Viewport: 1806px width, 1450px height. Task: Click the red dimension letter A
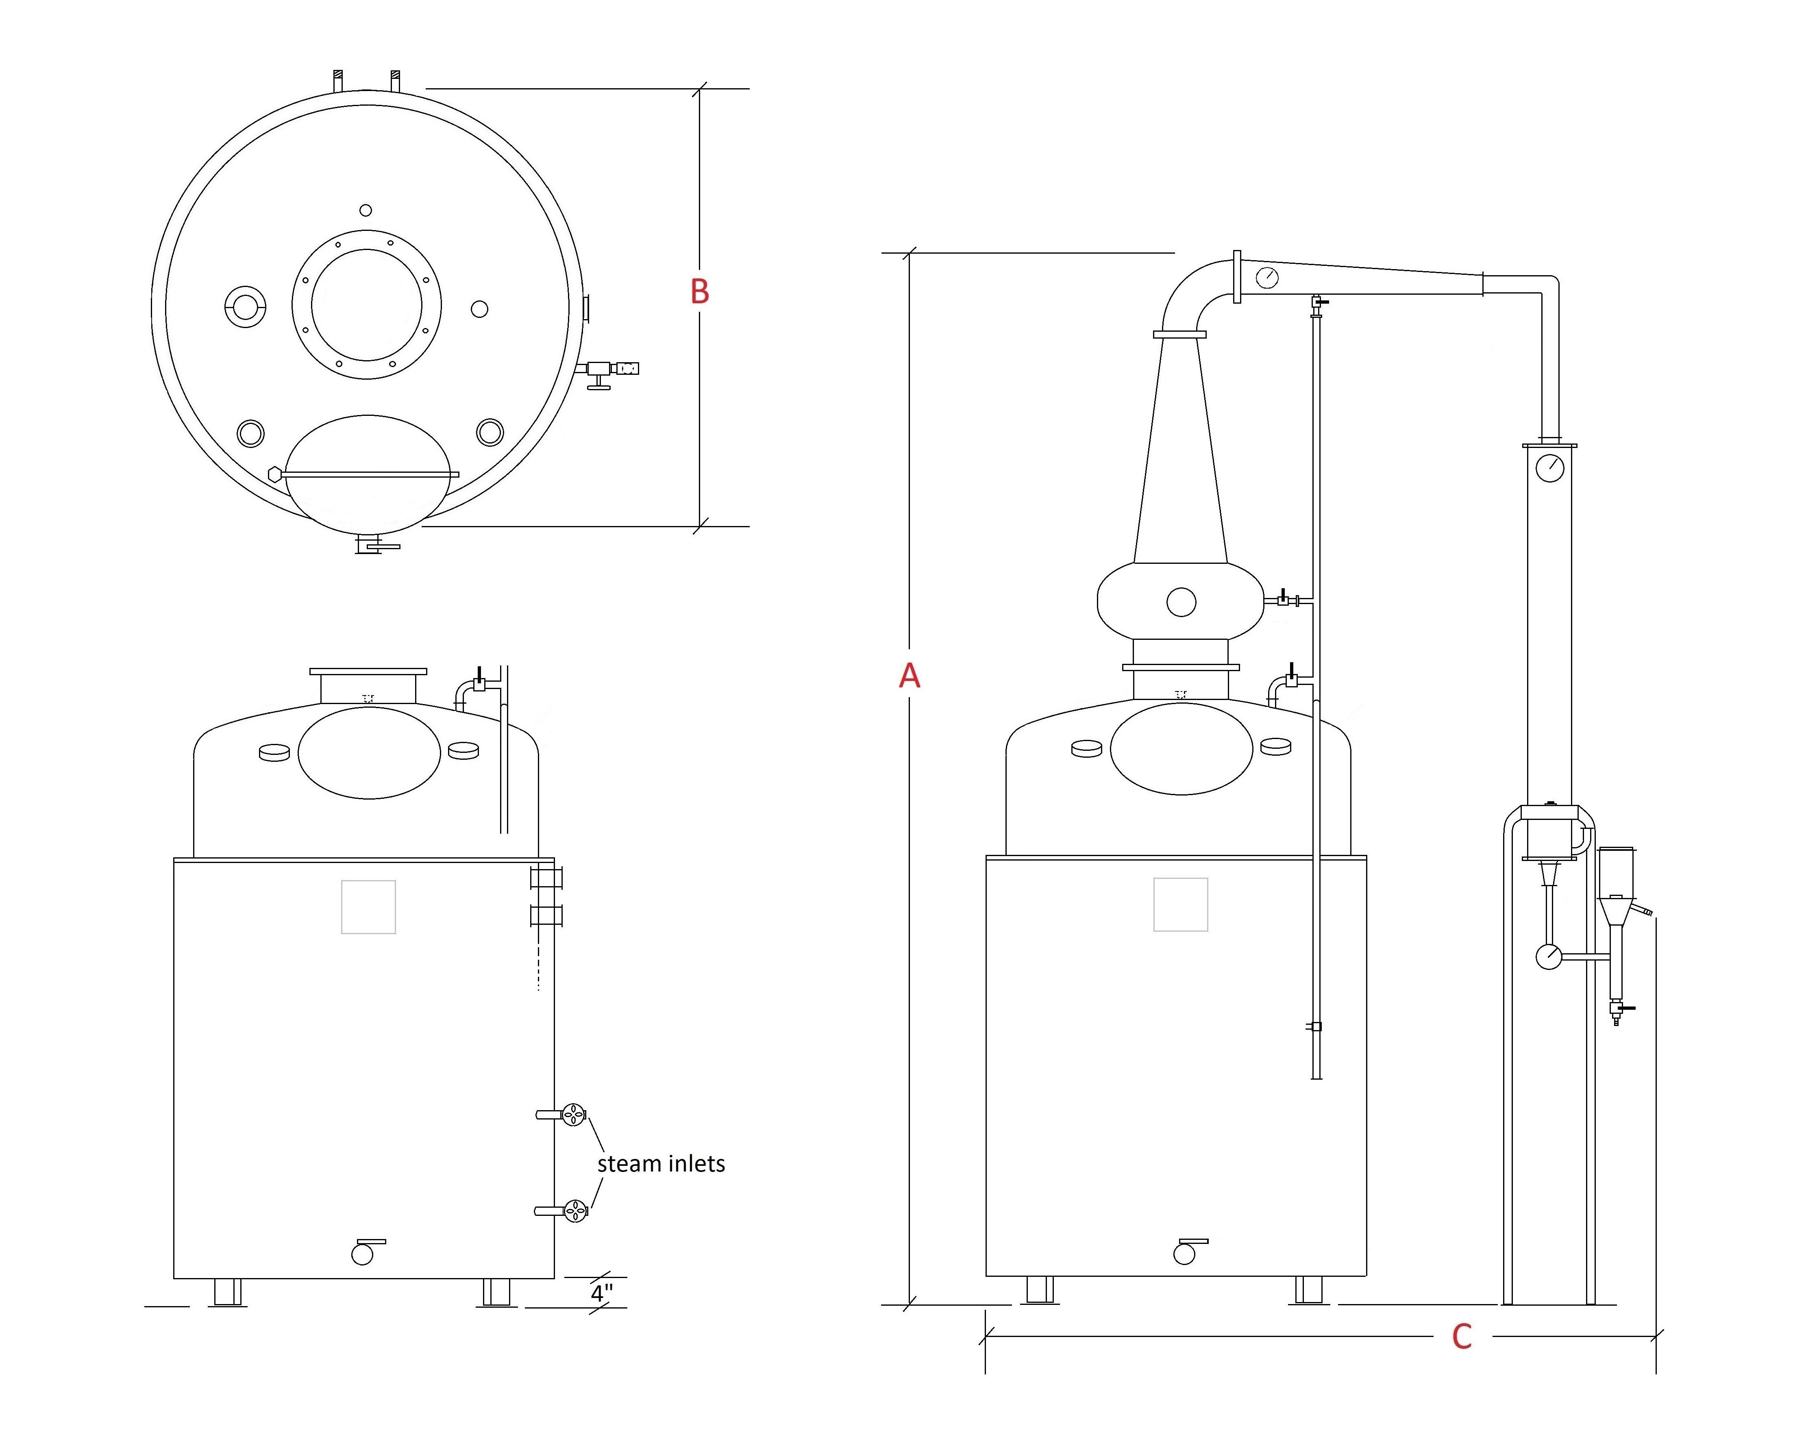point(909,675)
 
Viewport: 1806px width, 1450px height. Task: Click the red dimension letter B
point(699,291)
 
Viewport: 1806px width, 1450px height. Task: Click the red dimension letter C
point(1462,1337)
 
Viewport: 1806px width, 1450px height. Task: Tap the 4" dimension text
point(601,1293)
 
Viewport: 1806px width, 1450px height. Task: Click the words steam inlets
point(661,1163)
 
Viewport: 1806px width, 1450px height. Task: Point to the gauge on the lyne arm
point(1267,277)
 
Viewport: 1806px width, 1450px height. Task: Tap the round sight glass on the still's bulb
point(1181,602)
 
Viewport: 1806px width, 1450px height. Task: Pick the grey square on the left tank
point(369,907)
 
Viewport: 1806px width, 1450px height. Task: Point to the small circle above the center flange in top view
point(365,210)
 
